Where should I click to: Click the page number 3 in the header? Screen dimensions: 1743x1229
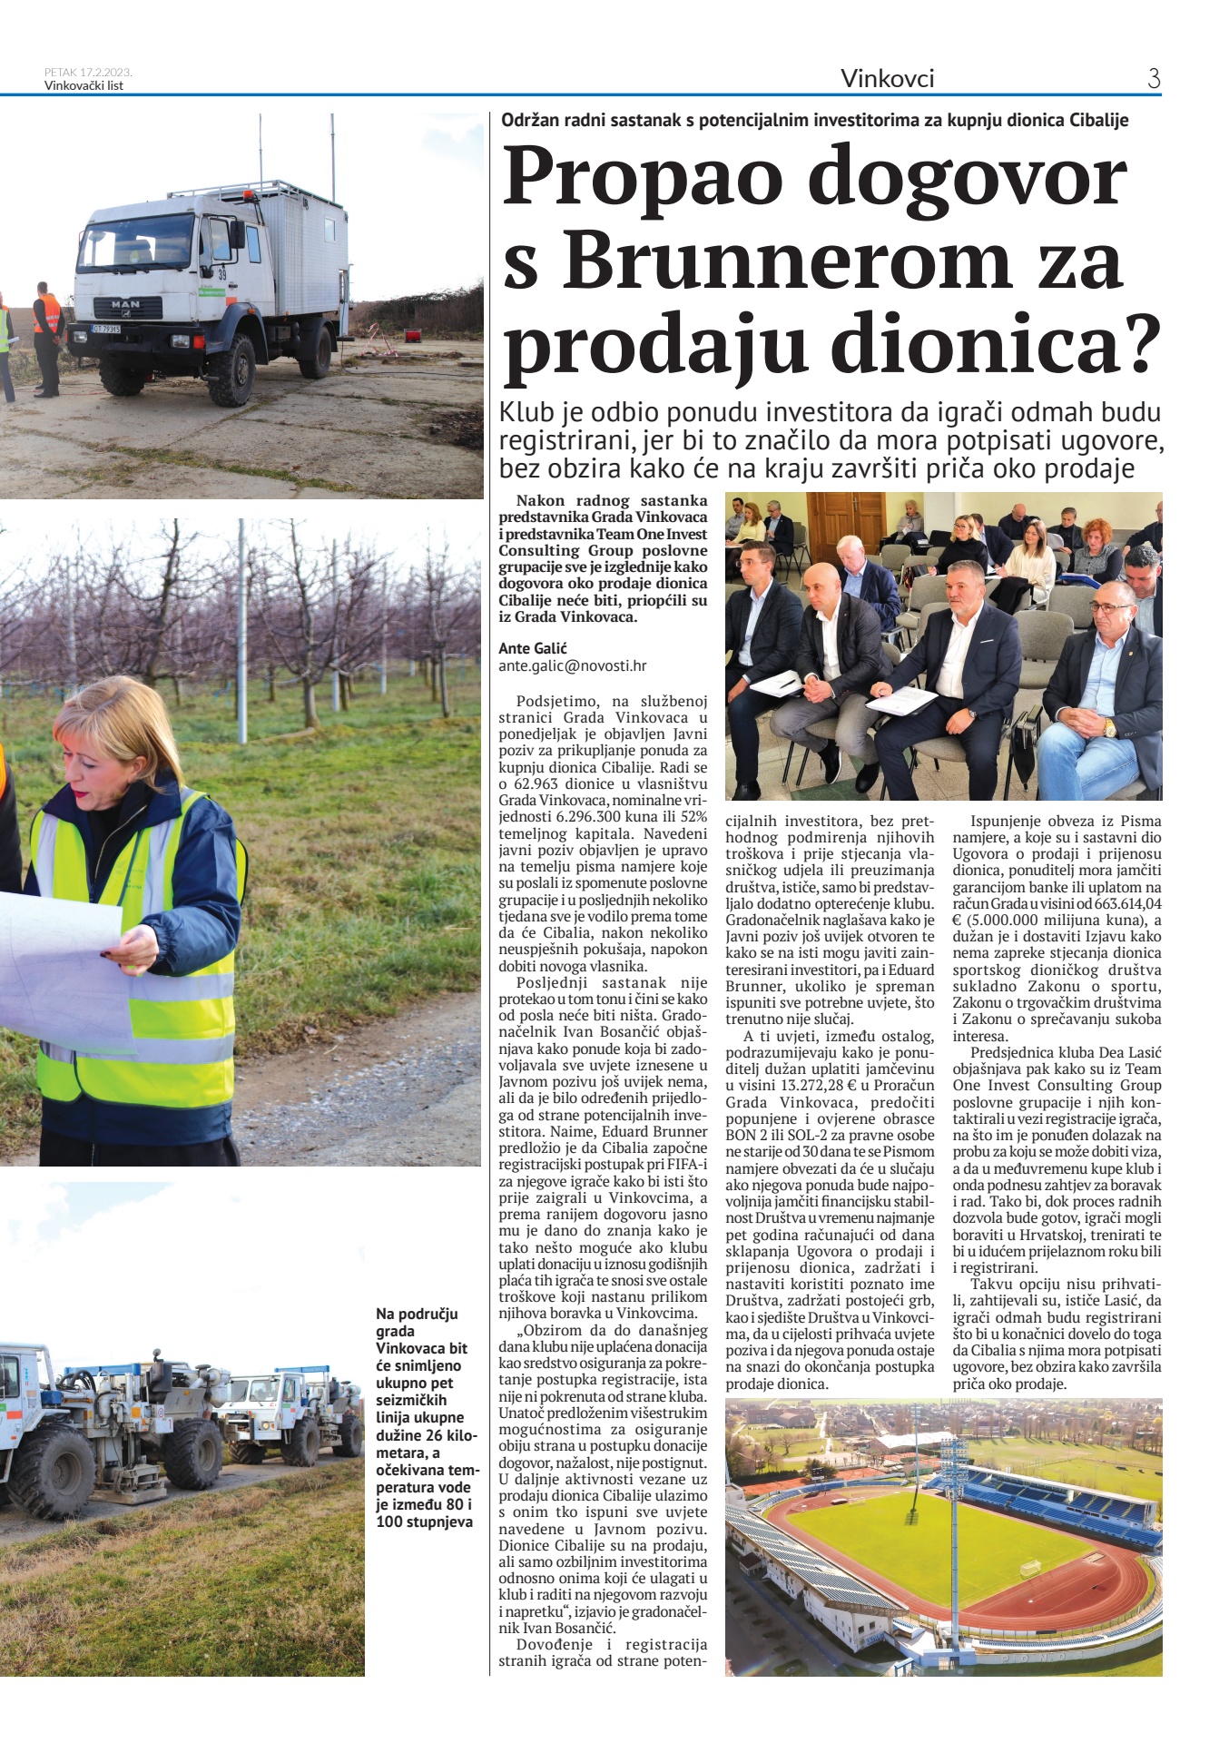click(x=1154, y=79)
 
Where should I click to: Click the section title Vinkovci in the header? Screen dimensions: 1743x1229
click(x=887, y=79)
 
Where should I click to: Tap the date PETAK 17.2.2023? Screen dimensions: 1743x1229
click(x=89, y=72)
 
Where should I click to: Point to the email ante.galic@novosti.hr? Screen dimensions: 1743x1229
click(x=572, y=665)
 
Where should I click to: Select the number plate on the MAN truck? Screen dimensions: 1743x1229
click(x=106, y=329)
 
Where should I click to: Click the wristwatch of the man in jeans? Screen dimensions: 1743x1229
click(x=1108, y=727)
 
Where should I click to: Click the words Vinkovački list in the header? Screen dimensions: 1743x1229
click(x=84, y=86)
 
